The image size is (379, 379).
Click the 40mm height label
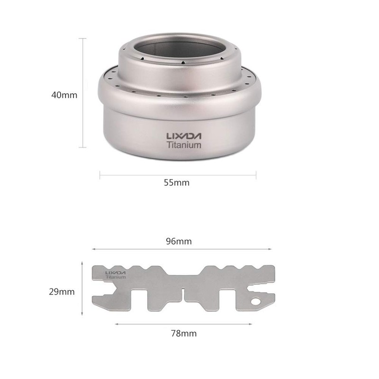tap(64, 95)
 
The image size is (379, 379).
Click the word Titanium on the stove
tap(184, 145)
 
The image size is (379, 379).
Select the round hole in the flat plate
tap(256, 301)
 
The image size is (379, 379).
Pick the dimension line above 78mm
tap(182, 325)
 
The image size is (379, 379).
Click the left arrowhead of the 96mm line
tap(93, 249)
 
